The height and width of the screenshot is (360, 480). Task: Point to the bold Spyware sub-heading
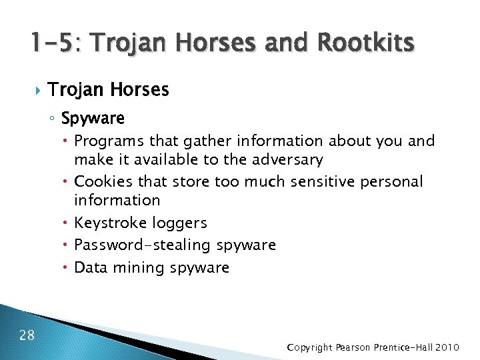coord(93,119)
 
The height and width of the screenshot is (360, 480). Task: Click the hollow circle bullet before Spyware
coord(53,119)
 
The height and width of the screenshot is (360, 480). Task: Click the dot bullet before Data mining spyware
coord(67,267)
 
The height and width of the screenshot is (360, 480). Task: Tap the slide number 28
coord(27,335)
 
